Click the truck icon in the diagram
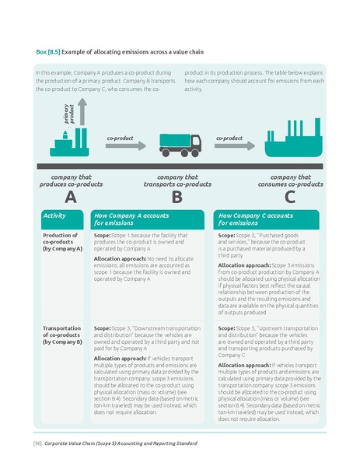(180, 142)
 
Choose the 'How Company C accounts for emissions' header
(256, 219)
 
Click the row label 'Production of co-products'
(61, 241)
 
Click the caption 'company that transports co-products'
(177, 180)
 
